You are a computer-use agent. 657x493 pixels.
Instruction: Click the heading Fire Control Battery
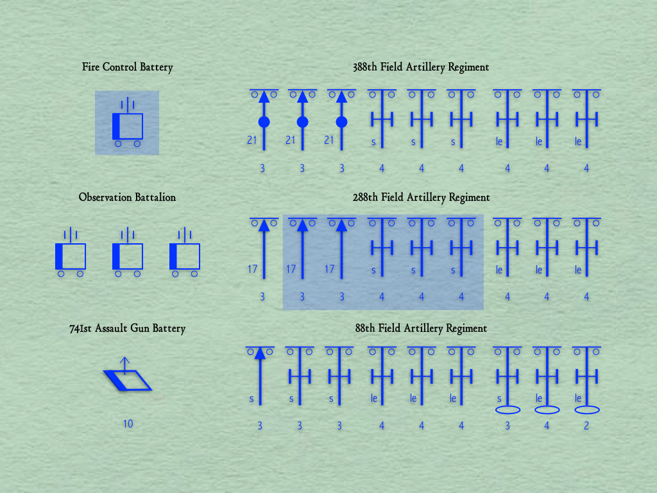(x=127, y=67)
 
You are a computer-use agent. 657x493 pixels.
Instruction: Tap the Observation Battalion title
(x=127, y=198)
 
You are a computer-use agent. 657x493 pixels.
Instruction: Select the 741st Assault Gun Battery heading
(x=127, y=329)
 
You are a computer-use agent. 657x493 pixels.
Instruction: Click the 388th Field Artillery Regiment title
(x=421, y=67)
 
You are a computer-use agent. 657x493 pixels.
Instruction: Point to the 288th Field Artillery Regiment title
(x=421, y=198)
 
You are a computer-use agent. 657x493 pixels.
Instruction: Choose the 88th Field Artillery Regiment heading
(x=421, y=329)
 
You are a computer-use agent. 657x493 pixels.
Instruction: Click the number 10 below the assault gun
(x=128, y=424)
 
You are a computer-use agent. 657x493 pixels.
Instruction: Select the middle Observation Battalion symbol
(x=127, y=255)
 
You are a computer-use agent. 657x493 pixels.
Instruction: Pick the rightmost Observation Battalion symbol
(x=184, y=255)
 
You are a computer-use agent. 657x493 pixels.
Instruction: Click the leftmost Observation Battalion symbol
(x=70, y=255)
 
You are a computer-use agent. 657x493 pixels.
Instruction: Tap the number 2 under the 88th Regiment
(x=586, y=426)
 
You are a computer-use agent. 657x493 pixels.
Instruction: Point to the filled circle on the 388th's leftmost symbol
(x=263, y=122)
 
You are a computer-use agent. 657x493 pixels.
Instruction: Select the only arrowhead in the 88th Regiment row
(x=260, y=352)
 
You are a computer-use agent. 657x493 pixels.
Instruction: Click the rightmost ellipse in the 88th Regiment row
(x=586, y=410)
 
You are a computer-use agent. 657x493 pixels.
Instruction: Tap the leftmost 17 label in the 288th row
(x=252, y=270)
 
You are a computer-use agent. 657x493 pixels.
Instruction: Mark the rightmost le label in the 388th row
(x=578, y=142)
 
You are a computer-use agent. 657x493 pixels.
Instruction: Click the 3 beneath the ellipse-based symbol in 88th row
(x=508, y=426)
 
